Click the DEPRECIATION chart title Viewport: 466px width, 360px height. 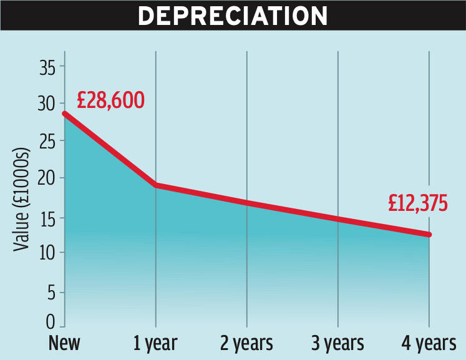[232, 16]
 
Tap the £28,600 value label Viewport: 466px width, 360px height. [110, 100]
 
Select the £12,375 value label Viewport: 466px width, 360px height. [417, 203]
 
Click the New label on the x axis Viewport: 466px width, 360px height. [66, 343]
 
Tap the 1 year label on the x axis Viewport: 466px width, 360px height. [155, 343]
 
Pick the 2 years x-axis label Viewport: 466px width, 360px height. [246, 343]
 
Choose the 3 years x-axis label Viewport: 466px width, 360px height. [337, 343]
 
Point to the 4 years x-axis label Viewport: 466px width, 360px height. [429, 343]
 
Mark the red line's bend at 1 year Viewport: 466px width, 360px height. [155, 185]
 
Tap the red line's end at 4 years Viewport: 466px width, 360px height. [429, 235]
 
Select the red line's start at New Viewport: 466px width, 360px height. [65, 114]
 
